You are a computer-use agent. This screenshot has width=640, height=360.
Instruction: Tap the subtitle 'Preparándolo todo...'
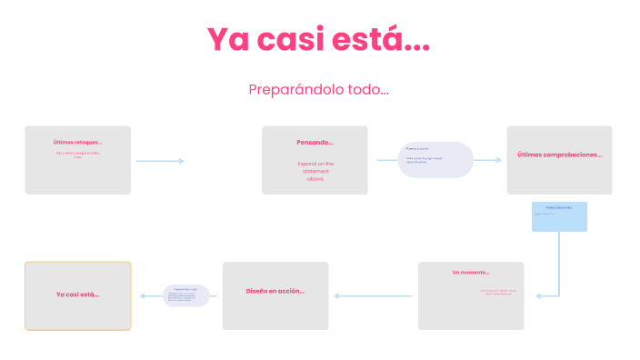pyautogui.click(x=319, y=90)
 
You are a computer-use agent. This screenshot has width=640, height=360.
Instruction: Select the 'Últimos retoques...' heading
pyautogui.click(x=77, y=142)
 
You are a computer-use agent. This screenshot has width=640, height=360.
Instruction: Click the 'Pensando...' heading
pyautogui.click(x=315, y=142)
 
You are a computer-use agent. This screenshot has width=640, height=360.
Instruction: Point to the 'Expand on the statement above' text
pyautogui.click(x=315, y=171)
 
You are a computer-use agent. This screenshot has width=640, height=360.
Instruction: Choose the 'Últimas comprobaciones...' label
pyautogui.click(x=559, y=155)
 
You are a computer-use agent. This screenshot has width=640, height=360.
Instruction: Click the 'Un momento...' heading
pyautogui.click(x=471, y=272)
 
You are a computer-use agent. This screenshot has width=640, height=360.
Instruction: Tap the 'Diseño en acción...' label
pyautogui.click(x=275, y=291)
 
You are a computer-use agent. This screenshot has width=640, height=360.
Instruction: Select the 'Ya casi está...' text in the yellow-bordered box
pyautogui.click(x=77, y=295)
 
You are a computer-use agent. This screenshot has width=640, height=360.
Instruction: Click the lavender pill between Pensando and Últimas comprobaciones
pyautogui.click(x=435, y=160)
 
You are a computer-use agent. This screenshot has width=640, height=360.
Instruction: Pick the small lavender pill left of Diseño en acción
pyautogui.click(x=185, y=295)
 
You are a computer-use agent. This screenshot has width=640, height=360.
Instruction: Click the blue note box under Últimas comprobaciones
pyautogui.click(x=559, y=216)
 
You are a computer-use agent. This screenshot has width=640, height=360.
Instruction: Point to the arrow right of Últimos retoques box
pyautogui.click(x=160, y=161)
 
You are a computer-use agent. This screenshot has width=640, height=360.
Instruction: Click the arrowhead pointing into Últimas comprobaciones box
pyautogui.click(x=498, y=160)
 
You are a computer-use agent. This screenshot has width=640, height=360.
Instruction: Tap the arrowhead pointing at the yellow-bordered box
pyautogui.click(x=141, y=295)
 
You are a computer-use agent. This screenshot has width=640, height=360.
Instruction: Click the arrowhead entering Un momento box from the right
pyautogui.click(x=538, y=295)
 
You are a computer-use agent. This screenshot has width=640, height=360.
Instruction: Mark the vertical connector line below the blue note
pyautogui.click(x=559, y=264)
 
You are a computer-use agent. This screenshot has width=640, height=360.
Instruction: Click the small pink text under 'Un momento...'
pyautogui.click(x=497, y=293)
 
